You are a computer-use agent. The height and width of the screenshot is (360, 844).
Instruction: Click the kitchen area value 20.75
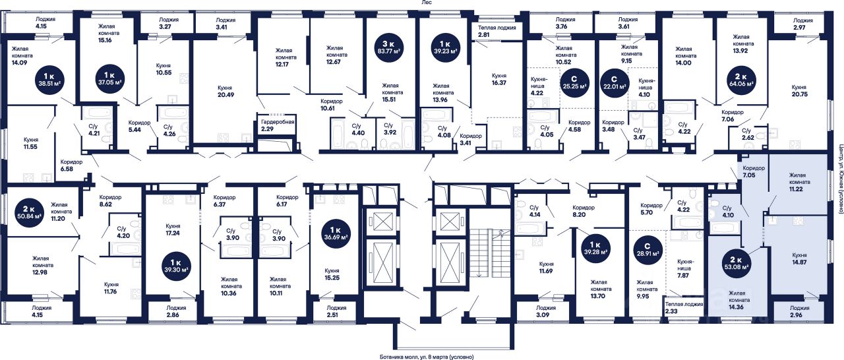click(799, 94)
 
